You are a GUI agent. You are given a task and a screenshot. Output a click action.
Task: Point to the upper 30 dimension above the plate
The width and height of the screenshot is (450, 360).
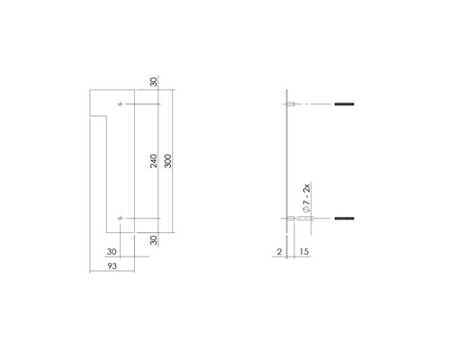point(154,82)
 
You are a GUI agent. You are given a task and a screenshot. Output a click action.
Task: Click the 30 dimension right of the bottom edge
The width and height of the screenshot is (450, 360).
point(154,240)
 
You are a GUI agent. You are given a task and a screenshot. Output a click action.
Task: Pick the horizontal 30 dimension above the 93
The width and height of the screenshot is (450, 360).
point(112,251)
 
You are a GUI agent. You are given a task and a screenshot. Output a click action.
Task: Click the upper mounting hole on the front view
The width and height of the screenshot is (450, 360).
point(121,105)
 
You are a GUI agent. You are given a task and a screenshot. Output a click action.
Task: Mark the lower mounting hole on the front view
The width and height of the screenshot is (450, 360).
point(121,218)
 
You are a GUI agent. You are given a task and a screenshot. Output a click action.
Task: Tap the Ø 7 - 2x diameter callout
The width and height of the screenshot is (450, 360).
point(306,197)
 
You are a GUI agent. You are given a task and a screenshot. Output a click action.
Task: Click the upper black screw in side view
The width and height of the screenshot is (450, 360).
point(346,105)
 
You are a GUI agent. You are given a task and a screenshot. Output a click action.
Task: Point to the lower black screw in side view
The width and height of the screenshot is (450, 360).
point(346,218)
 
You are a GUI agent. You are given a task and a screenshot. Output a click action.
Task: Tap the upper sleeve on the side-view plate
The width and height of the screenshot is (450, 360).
point(292,105)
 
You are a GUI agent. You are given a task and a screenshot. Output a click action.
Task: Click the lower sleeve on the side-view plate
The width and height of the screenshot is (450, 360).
point(292,218)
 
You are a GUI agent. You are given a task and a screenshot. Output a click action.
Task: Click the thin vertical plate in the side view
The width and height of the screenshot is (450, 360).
point(286,162)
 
